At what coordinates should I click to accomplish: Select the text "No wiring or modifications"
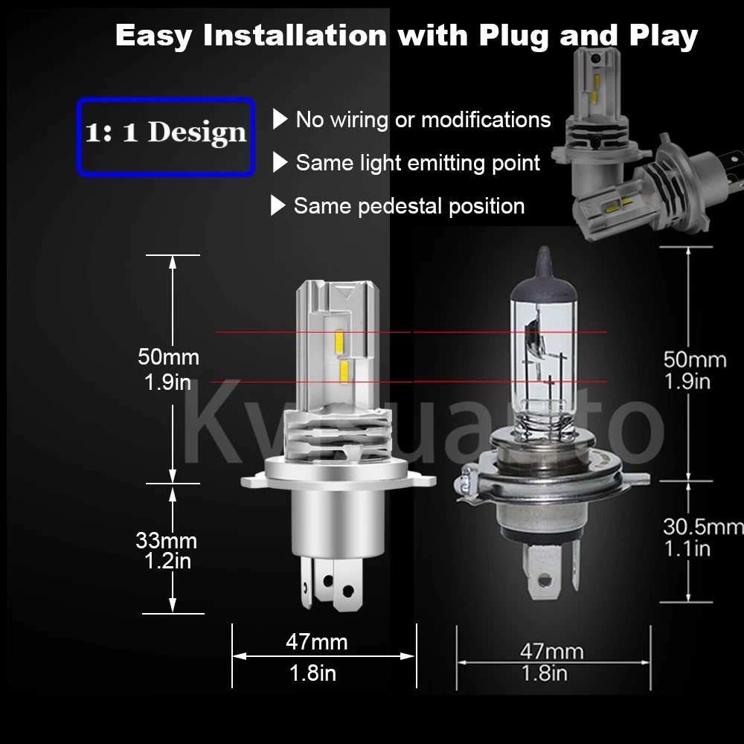pyautogui.click(x=423, y=120)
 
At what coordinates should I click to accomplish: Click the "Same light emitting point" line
pyautogui.click(x=417, y=162)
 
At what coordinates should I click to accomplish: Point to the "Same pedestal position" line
pyautogui.click(x=408, y=205)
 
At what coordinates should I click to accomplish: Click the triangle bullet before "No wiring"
pyautogui.click(x=280, y=119)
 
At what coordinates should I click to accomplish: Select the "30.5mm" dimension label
pyautogui.click(x=702, y=527)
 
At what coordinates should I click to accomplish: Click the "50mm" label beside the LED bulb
pyautogui.click(x=168, y=356)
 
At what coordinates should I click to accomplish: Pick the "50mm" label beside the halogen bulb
pyautogui.click(x=694, y=359)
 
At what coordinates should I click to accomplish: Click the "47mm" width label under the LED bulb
pyautogui.click(x=316, y=641)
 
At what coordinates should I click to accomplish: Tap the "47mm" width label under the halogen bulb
pyautogui.click(x=551, y=652)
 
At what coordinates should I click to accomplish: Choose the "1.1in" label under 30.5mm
pyautogui.click(x=687, y=549)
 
